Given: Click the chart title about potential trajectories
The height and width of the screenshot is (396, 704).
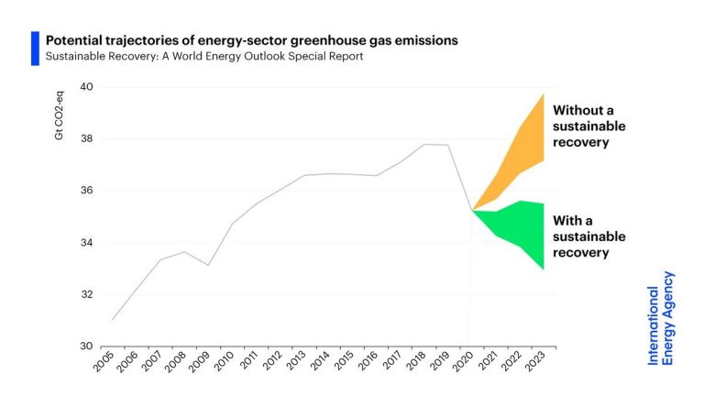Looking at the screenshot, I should point(252,40).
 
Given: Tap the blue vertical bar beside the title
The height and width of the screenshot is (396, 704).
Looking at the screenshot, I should point(35,48).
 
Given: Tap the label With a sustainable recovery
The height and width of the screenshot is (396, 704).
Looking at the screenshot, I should point(589,236).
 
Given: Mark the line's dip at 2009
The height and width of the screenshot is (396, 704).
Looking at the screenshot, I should point(209,265).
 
